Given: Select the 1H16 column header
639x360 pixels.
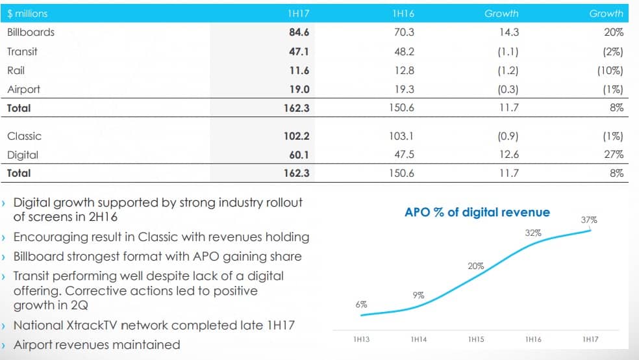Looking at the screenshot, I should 404,13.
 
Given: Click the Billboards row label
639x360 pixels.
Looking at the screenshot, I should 31,32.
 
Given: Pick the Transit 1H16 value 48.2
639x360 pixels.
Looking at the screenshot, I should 404,51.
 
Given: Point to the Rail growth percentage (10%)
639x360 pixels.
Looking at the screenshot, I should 610,71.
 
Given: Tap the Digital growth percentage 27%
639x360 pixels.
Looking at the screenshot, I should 614,155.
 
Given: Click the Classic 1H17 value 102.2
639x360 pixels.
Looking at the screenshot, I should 297,136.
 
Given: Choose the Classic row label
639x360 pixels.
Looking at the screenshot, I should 24,136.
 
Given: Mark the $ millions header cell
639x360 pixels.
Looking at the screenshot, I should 27,13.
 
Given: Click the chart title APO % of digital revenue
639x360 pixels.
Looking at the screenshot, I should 477,212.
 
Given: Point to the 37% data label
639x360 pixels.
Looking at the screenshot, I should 588,220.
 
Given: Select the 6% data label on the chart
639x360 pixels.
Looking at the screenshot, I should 361,304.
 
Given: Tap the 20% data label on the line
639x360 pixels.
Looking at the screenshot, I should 475,266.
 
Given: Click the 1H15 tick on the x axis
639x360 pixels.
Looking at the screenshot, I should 475,339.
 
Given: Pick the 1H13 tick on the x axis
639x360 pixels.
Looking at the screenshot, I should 362,339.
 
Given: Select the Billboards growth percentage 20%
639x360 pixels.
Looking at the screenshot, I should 614,32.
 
